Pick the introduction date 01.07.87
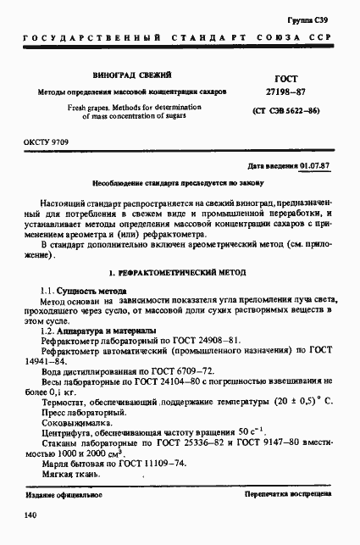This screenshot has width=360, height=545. [x=315, y=166]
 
